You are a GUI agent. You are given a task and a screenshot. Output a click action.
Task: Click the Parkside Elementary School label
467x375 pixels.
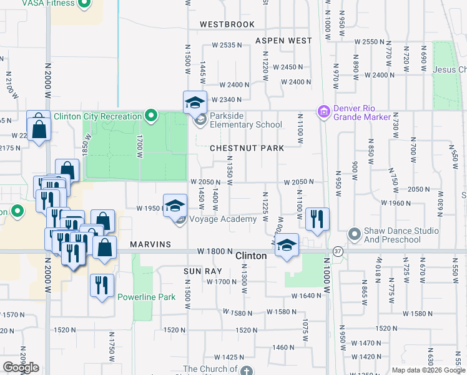pos(246,124)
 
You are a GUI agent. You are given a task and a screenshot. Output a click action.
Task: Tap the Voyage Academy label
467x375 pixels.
pos(223,219)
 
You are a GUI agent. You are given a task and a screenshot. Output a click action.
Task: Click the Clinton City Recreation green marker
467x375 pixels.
pos(150,116)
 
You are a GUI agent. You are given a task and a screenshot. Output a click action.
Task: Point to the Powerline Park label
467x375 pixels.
pos(146,297)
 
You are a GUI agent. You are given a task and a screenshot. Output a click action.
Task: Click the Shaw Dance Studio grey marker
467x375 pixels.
pos(354,234)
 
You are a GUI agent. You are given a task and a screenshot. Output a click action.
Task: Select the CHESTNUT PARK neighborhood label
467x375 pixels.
pos(247,148)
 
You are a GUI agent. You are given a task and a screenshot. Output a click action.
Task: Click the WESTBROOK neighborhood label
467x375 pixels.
pos(227,24)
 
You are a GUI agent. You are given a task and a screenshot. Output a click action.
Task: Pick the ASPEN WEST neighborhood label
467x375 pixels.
pos(283,41)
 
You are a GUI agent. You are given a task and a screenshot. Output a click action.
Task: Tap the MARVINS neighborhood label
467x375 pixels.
pos(151,244)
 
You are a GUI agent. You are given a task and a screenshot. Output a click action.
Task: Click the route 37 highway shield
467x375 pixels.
pos(337,251)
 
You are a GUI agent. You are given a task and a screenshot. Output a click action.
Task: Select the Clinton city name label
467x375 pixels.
pos(252,256)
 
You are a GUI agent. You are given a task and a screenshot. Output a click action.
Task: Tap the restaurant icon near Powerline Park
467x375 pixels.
pos(101,286)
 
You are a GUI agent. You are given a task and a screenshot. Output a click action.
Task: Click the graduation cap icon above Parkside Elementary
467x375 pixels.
pos(195,102)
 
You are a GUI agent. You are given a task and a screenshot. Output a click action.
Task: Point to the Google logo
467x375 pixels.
pos(21,367)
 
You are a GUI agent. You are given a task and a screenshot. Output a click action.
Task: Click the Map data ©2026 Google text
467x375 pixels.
pos(428,370)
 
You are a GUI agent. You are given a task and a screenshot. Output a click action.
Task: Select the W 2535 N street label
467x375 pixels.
pos(226,45)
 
